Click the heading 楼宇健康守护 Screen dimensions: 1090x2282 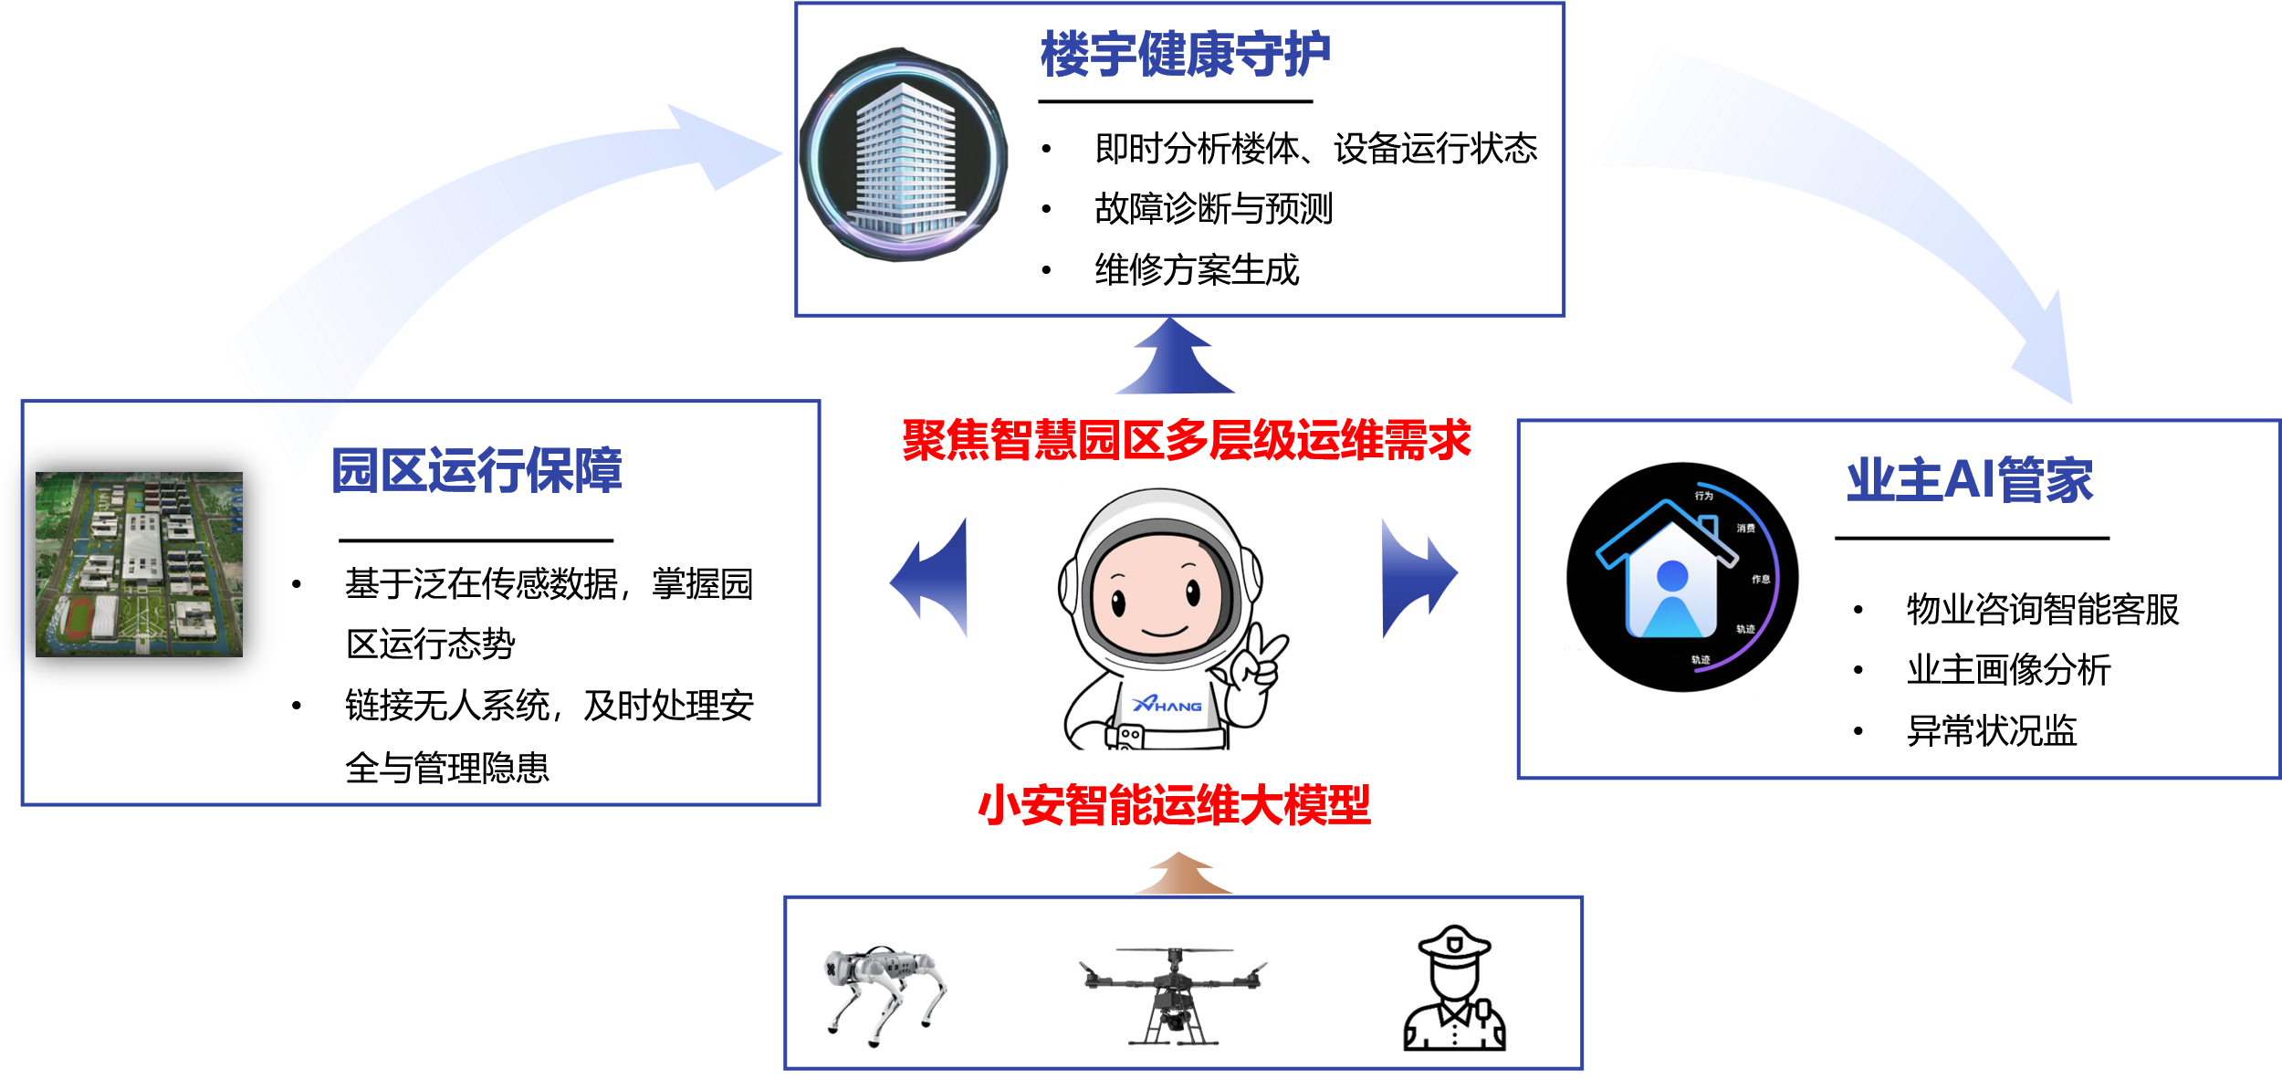click(1185, 55)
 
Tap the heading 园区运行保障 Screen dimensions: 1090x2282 click(476, 470)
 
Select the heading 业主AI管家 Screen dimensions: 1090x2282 click(1969, 479)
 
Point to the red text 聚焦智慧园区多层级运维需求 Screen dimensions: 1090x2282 click(1186, 440)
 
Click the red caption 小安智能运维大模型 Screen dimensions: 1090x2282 click(1174, 805)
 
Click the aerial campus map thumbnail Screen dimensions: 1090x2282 click(139, 564)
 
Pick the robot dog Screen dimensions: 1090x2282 click(884, 995)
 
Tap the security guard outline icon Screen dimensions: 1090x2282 click(1453, 990)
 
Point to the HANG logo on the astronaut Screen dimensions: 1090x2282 click(1167, 705)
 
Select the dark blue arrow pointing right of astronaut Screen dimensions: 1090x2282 click(1417, 577)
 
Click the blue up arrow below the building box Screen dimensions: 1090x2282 click(1176, 361)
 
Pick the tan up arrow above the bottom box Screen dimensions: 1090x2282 click(1181, 875)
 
